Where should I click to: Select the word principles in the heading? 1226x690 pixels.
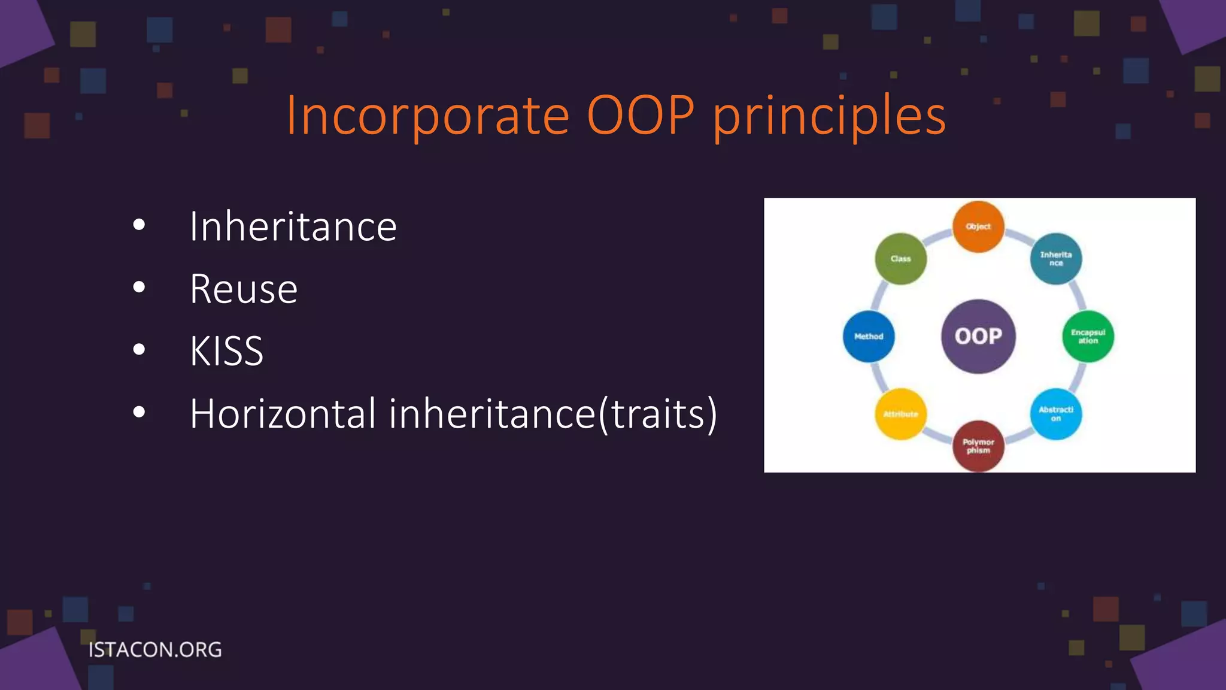click(x=829, y=117)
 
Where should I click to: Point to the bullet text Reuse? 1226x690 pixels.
click(x=243, y=289)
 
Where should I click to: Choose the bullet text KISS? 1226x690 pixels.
click(x=226, y=351)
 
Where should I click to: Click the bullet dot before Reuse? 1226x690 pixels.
click(x=139, y=288)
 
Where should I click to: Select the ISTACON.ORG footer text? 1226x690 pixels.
click(x=155, y=649)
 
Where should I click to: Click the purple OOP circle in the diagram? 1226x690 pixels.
click(x=978, y=336)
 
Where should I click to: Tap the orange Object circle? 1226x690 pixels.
click(x=978, y=226)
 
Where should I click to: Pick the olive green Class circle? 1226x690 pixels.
click(x=900, y=259)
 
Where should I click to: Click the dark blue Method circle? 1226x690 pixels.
click(x=869, y=336)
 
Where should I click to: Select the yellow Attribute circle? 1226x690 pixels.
click(x=900, y=414)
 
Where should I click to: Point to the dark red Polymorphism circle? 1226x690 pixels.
click(x=978, y=446)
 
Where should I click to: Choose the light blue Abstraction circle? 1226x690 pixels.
click(x=1055, y=414)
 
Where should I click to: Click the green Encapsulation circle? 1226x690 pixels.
click(x=1088, y=336)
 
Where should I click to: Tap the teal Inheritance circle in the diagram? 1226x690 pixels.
click(x=1055, y=259)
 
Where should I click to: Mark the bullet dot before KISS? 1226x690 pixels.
click(x=139, y=350)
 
